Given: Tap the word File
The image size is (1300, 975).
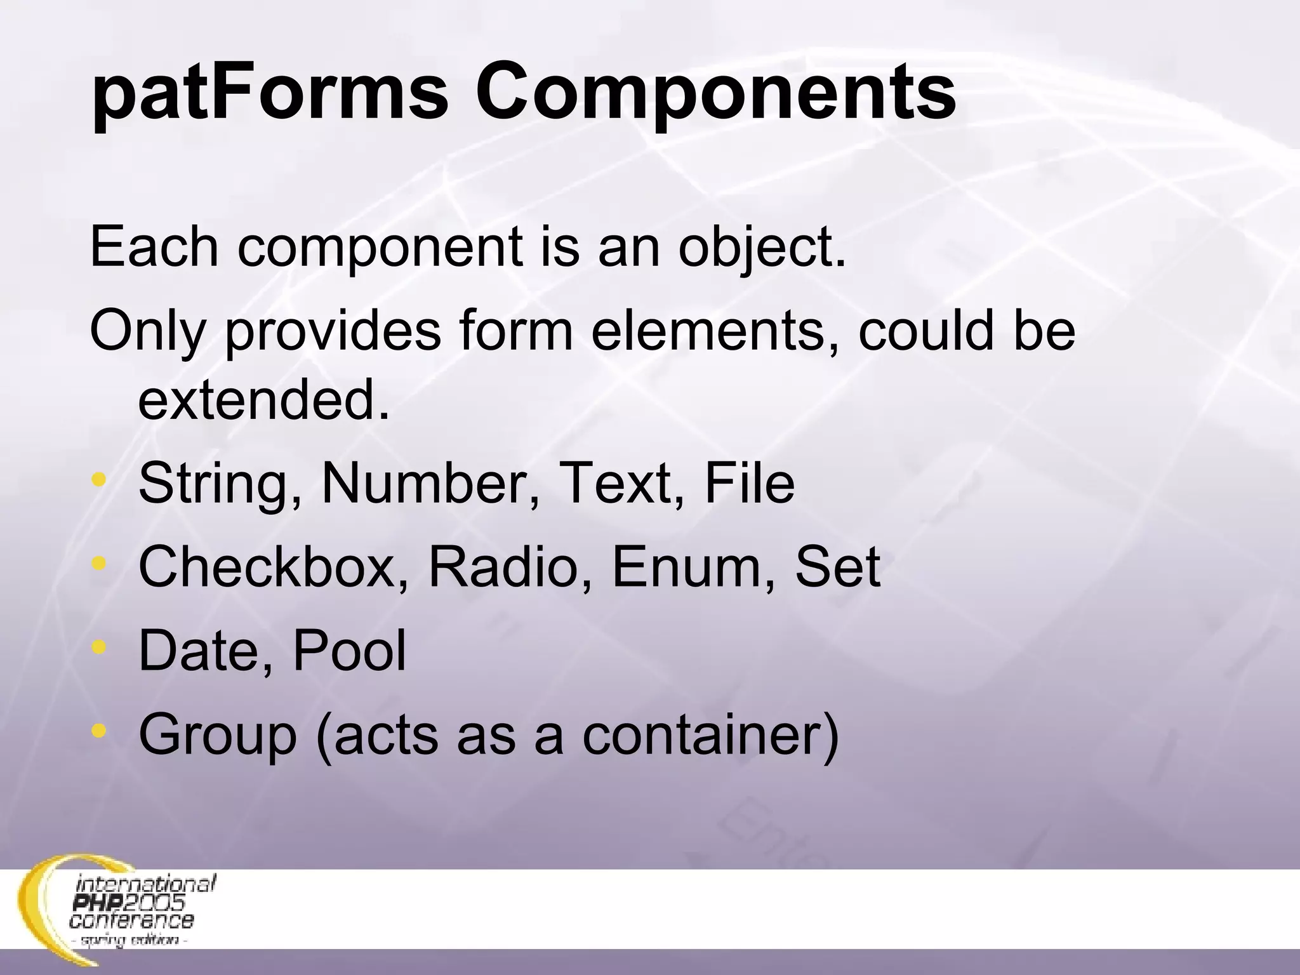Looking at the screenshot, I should [749, 484].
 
